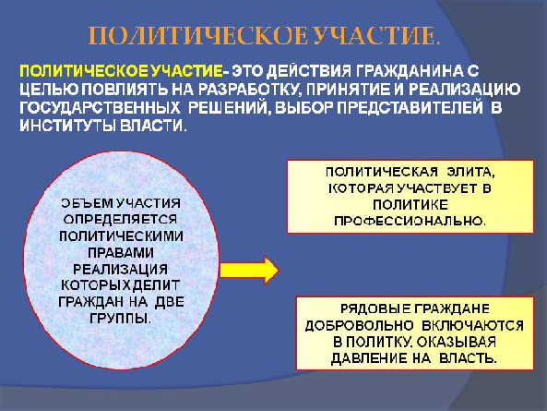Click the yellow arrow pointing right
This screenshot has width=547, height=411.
coord(249,270)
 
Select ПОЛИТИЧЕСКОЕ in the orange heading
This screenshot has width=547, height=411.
coord(198,35)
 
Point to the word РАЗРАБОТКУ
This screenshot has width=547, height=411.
coord(249,90)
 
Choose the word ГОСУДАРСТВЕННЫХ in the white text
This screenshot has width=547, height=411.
coord(100,108)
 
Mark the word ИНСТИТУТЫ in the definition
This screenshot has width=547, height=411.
coord(67,126)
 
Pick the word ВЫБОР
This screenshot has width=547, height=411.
coord(304,108)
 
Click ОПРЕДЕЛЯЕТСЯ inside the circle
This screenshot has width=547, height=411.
coord(120,219)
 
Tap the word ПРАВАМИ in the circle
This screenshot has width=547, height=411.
coord(120,252)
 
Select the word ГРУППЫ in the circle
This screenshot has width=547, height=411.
coord(120,318)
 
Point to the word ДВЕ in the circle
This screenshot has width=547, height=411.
coord(169,302)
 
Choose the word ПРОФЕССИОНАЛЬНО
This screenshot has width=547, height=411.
coord(410,221)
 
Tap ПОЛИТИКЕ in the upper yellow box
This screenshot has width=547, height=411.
coord(410,205)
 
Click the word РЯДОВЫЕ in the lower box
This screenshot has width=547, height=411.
coord(375,308)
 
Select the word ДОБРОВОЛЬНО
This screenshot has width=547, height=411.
coord(359,325)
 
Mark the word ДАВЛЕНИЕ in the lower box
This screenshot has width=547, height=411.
coord(368,358)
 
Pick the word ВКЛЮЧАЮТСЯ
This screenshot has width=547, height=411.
coord(472,325)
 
